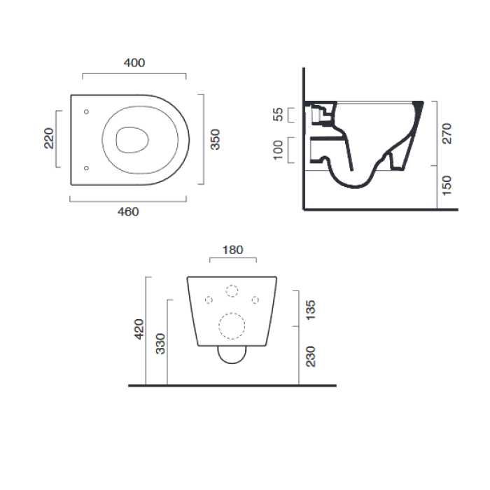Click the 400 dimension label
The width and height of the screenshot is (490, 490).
134,63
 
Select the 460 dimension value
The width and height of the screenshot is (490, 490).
128,211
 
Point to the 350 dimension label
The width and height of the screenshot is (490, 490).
216,139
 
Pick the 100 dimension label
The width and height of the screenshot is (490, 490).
279,150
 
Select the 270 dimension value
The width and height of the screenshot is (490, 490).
448,133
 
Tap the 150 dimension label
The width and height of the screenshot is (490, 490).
448,186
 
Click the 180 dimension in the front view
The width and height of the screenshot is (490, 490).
233,250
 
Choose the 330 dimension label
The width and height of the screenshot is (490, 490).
160,343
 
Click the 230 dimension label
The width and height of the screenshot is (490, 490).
311,356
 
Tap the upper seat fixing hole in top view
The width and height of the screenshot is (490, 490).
86,111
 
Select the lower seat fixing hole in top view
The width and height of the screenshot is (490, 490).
86,168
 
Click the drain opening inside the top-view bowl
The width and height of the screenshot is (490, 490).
130,139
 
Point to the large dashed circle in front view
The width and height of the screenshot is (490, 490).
232,325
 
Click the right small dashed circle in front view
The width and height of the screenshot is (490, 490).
255,300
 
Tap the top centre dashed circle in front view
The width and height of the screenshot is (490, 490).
232,291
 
